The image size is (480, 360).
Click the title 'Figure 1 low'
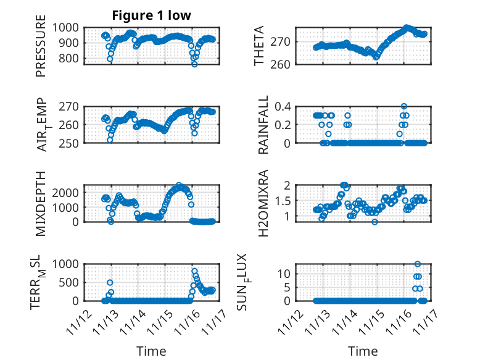[x=151, y=15]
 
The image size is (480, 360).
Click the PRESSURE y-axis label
[x=41, y=49]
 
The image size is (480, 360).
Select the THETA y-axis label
[x=259, y=46]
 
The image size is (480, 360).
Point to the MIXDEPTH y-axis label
[x=41, y=204]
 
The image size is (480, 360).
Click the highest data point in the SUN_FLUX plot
[x=418, y=264]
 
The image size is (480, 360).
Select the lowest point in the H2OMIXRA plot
[x=375, y=222]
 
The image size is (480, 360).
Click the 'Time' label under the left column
[x=151, y=351]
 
